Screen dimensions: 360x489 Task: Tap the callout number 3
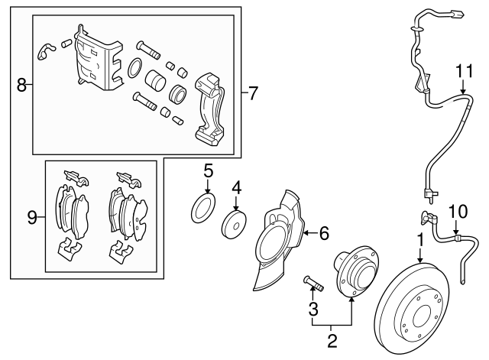(312, 308)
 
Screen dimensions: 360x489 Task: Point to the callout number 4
(237, 186)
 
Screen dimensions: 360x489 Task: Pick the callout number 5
(208, 170)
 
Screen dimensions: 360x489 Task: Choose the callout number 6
(323, 230)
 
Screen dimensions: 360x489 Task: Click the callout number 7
(253, 94)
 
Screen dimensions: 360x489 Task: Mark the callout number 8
(21, 86)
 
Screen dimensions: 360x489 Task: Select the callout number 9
(32, 219)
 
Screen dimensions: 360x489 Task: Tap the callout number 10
(456, 210)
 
